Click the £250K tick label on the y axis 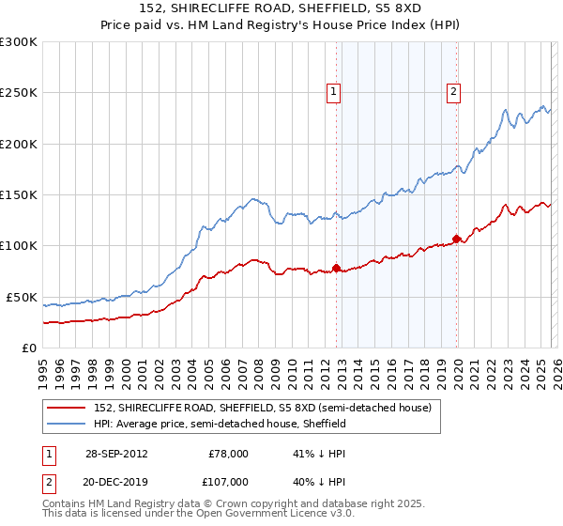[x=19, y=93]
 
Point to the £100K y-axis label [x=19, y=245]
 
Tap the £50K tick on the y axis [x=22, y=297]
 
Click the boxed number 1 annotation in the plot [x=335, y=92]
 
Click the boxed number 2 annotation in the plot [x=454, y=92]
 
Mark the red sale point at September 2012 [x=336, y=269]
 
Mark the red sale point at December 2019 [x=456, y=239]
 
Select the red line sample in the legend [x=66, y=409]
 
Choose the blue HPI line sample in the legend [x=66, y=425]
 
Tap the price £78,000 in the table [x=228, y=454]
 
